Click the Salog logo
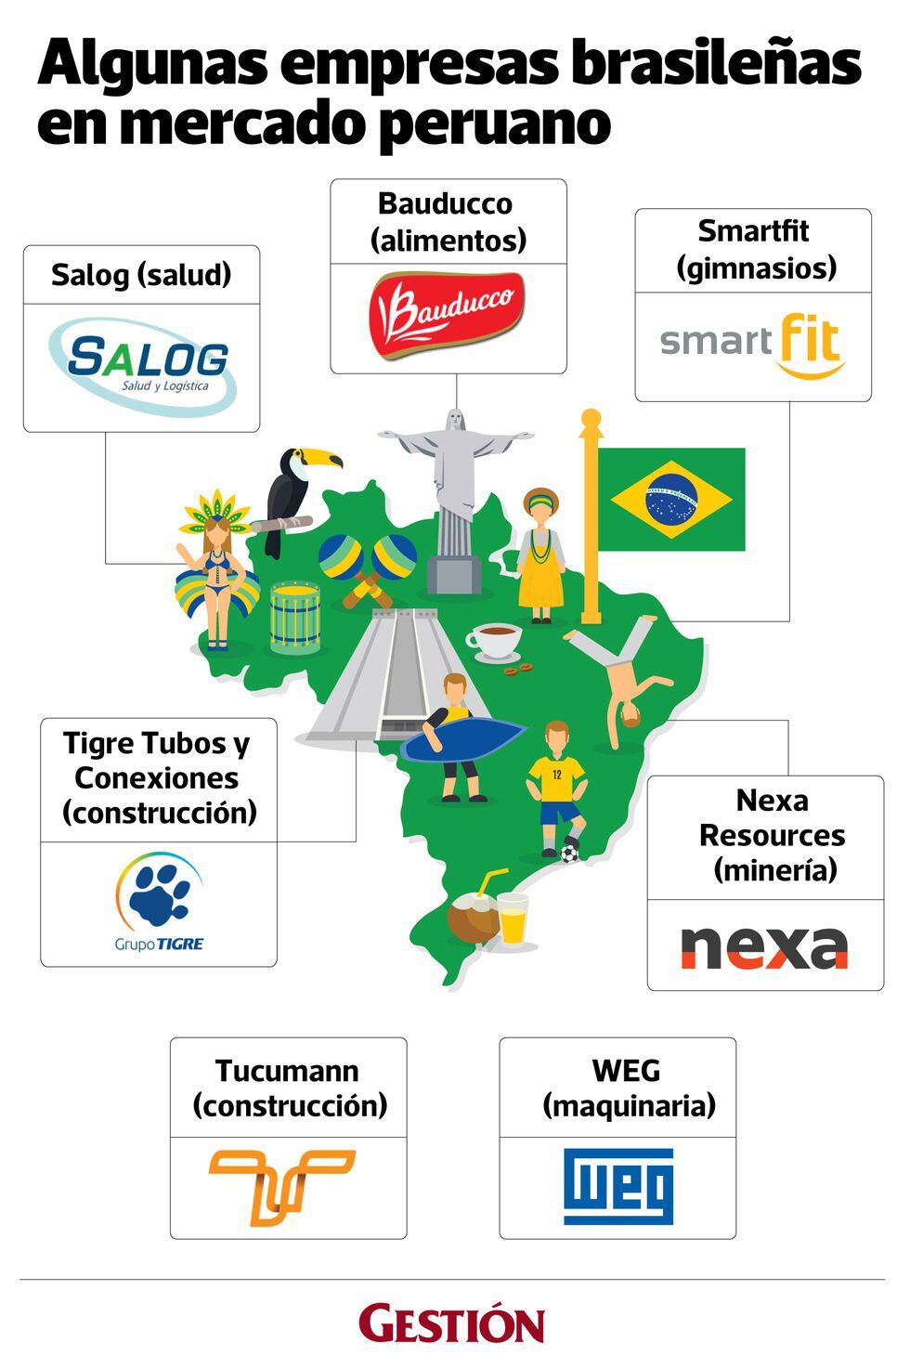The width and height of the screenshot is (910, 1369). coord(142,365)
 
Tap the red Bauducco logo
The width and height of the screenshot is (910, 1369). coord(447,316)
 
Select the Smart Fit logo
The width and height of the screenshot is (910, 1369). coord(752,346)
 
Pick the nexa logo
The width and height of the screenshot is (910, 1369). coord(764,945)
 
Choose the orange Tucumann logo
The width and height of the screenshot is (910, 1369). coord(281,1184)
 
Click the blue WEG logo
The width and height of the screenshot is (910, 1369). coord(618,1186)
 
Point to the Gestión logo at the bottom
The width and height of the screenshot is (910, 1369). coord(451,1323)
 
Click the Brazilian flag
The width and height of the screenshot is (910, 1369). coord(670,499)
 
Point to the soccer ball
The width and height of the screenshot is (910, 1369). coord(569,851)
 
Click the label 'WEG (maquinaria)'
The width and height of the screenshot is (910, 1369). coord(627,1088)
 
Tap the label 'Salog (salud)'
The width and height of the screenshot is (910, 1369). coord(141,275)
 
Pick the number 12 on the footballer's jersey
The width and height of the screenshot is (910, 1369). coord(556,773)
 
